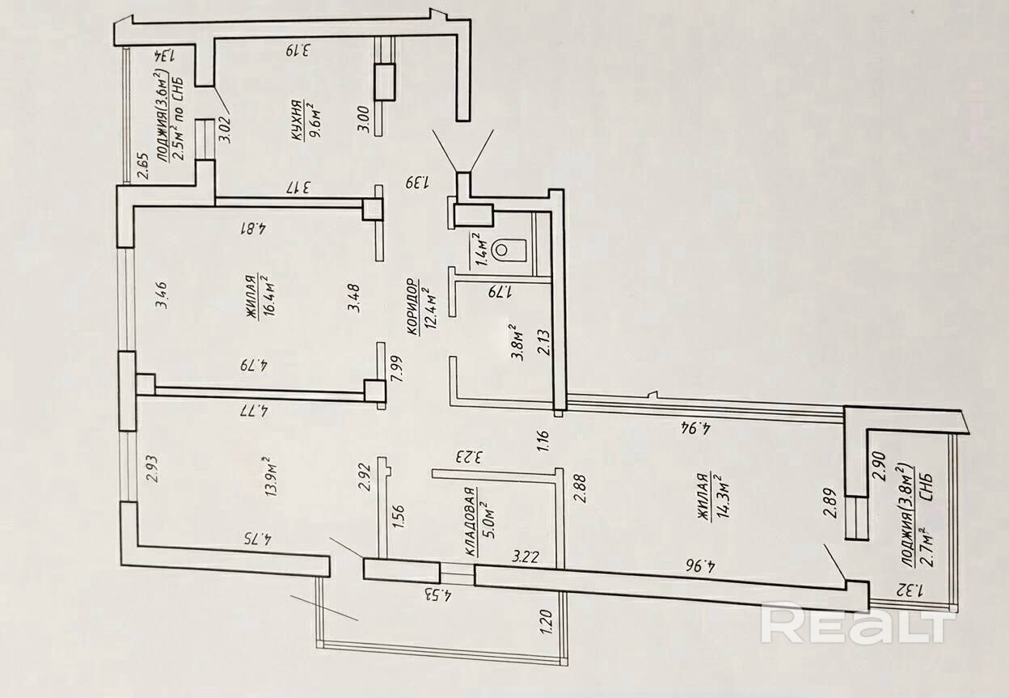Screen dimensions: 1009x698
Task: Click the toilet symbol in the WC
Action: click(x=510, y=250)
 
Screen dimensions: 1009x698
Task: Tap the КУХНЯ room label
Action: click(x=296, y=120)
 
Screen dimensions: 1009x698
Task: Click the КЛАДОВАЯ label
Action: click(x=471, y=522)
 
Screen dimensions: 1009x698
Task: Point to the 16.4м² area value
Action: click(x=269, y=295)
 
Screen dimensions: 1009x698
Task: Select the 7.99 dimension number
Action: click(x=397, y=369)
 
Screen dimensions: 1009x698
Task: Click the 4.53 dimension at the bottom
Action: click(x=438, y=596)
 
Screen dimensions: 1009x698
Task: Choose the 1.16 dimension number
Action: click(x=543, y=442)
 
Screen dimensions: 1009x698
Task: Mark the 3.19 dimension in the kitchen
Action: click(x=298, y=51)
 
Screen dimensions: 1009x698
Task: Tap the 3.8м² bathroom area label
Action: click(x=518, y=343)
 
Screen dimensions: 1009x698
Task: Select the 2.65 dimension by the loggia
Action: click(x=142, y=167)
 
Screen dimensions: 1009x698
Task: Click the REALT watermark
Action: click(x=858, y=624)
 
